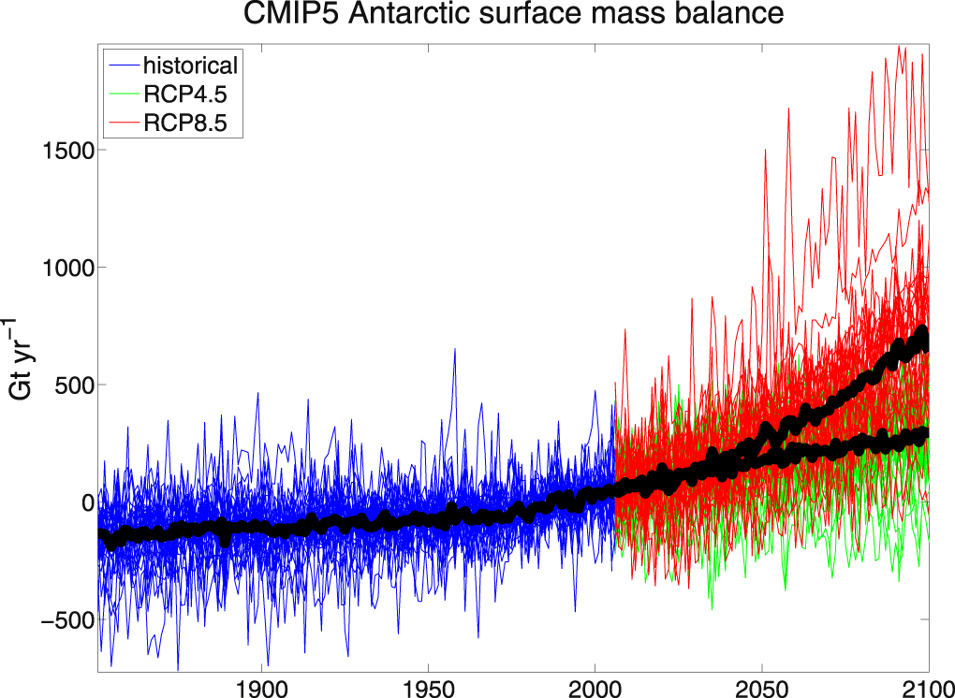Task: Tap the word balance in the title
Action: coord(730,15)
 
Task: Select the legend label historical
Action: coord(190,65)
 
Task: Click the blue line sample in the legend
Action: coord(122,66)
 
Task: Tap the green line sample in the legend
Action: coord(122,94)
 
